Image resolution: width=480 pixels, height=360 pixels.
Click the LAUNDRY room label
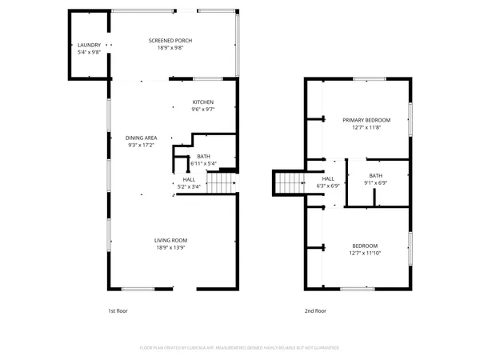point(89,45)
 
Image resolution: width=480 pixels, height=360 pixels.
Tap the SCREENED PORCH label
point(170,41)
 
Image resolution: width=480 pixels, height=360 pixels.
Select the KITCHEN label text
point(203,102)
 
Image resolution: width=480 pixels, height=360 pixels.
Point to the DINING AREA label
point(142,138)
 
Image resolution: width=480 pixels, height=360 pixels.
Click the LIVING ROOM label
point(170,240)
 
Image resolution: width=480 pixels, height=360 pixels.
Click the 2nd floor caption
point(315,310)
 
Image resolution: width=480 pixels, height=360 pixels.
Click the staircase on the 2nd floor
point(289,182)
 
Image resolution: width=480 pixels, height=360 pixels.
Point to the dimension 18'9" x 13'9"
point(170,248)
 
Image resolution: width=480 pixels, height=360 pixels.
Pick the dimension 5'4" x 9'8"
point(89,52)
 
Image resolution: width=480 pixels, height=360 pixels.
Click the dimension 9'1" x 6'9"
point(376,182)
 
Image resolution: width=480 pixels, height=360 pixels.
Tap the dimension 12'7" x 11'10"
point(364,253)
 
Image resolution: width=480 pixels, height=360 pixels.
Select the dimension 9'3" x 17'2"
point(140,146)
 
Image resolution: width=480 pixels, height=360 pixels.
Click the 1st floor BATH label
point(203,156)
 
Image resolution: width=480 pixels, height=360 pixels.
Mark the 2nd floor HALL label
point(329,178)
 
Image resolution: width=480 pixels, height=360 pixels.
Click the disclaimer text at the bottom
point(239,348)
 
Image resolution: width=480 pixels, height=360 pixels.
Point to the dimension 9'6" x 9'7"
point(203,110)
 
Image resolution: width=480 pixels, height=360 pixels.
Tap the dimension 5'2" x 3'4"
point(189,186)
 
